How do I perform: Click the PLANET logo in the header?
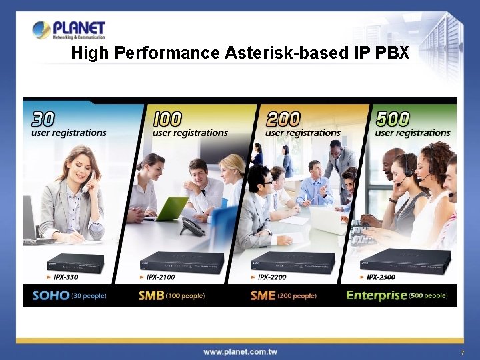point(69,30)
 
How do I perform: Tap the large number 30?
point(43,119)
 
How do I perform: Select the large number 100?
point(167,119)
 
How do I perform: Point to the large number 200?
point(283,119)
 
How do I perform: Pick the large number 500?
point(393,119)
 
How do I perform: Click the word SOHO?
point(51,295)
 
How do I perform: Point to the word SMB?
point(151,295)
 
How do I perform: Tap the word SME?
point(263,295)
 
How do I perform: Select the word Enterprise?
point(376,295)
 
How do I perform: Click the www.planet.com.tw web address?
point(240,351)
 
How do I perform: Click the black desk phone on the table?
point(193,227)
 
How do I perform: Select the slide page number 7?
point(461,352)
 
